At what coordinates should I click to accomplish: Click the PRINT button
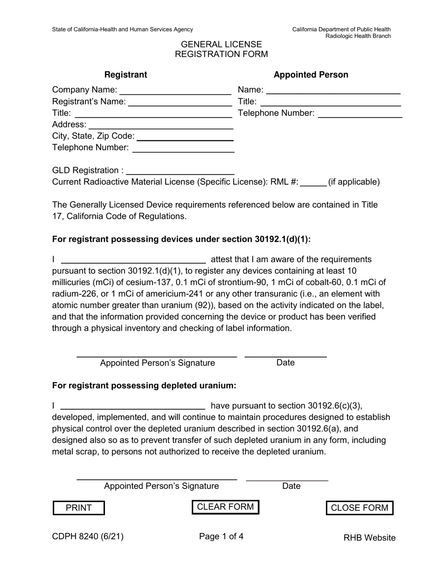click(x=79, y=508)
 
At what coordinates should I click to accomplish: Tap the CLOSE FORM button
click(x=359, y=508)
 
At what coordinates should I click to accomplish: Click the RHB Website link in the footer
click(x=369, y=538)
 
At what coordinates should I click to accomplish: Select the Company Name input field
click(x=175, y=90)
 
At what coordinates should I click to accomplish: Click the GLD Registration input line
click(x=180, y=170)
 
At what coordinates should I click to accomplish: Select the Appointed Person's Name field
click(x=333, y=90)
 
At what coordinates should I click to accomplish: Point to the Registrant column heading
click(x=125, y=75)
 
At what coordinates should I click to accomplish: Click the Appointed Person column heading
click(x=311, y=75)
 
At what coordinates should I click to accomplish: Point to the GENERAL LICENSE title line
click(x=221, y=44)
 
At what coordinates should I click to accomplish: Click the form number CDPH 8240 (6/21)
click(x=88, y=537)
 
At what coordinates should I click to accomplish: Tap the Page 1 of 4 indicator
click(x=221, y=537)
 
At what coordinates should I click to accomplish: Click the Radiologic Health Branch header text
click(x=358, y=36)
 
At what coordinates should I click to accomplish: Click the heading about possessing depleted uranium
click(x=144, y=385)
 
